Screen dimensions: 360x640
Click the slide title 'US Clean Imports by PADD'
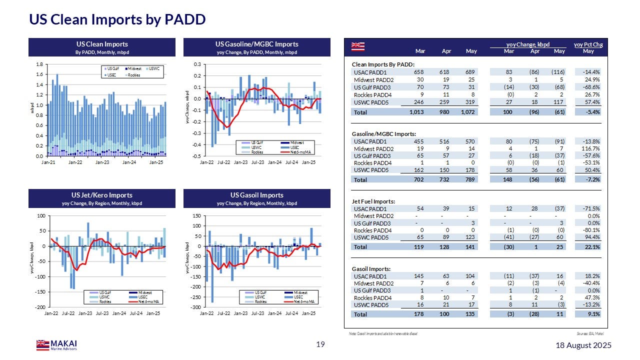117,19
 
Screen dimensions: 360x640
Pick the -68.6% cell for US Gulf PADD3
590,87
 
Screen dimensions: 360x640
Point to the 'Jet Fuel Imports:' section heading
373,201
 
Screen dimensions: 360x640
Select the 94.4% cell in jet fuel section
591,237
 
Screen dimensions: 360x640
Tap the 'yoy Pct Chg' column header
588,45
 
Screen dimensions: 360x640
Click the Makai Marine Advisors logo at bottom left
56,344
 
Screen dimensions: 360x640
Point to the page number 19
320,344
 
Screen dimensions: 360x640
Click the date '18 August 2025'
584,345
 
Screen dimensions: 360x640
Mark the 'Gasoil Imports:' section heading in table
371,268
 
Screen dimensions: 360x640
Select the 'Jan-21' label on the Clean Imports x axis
48,162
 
